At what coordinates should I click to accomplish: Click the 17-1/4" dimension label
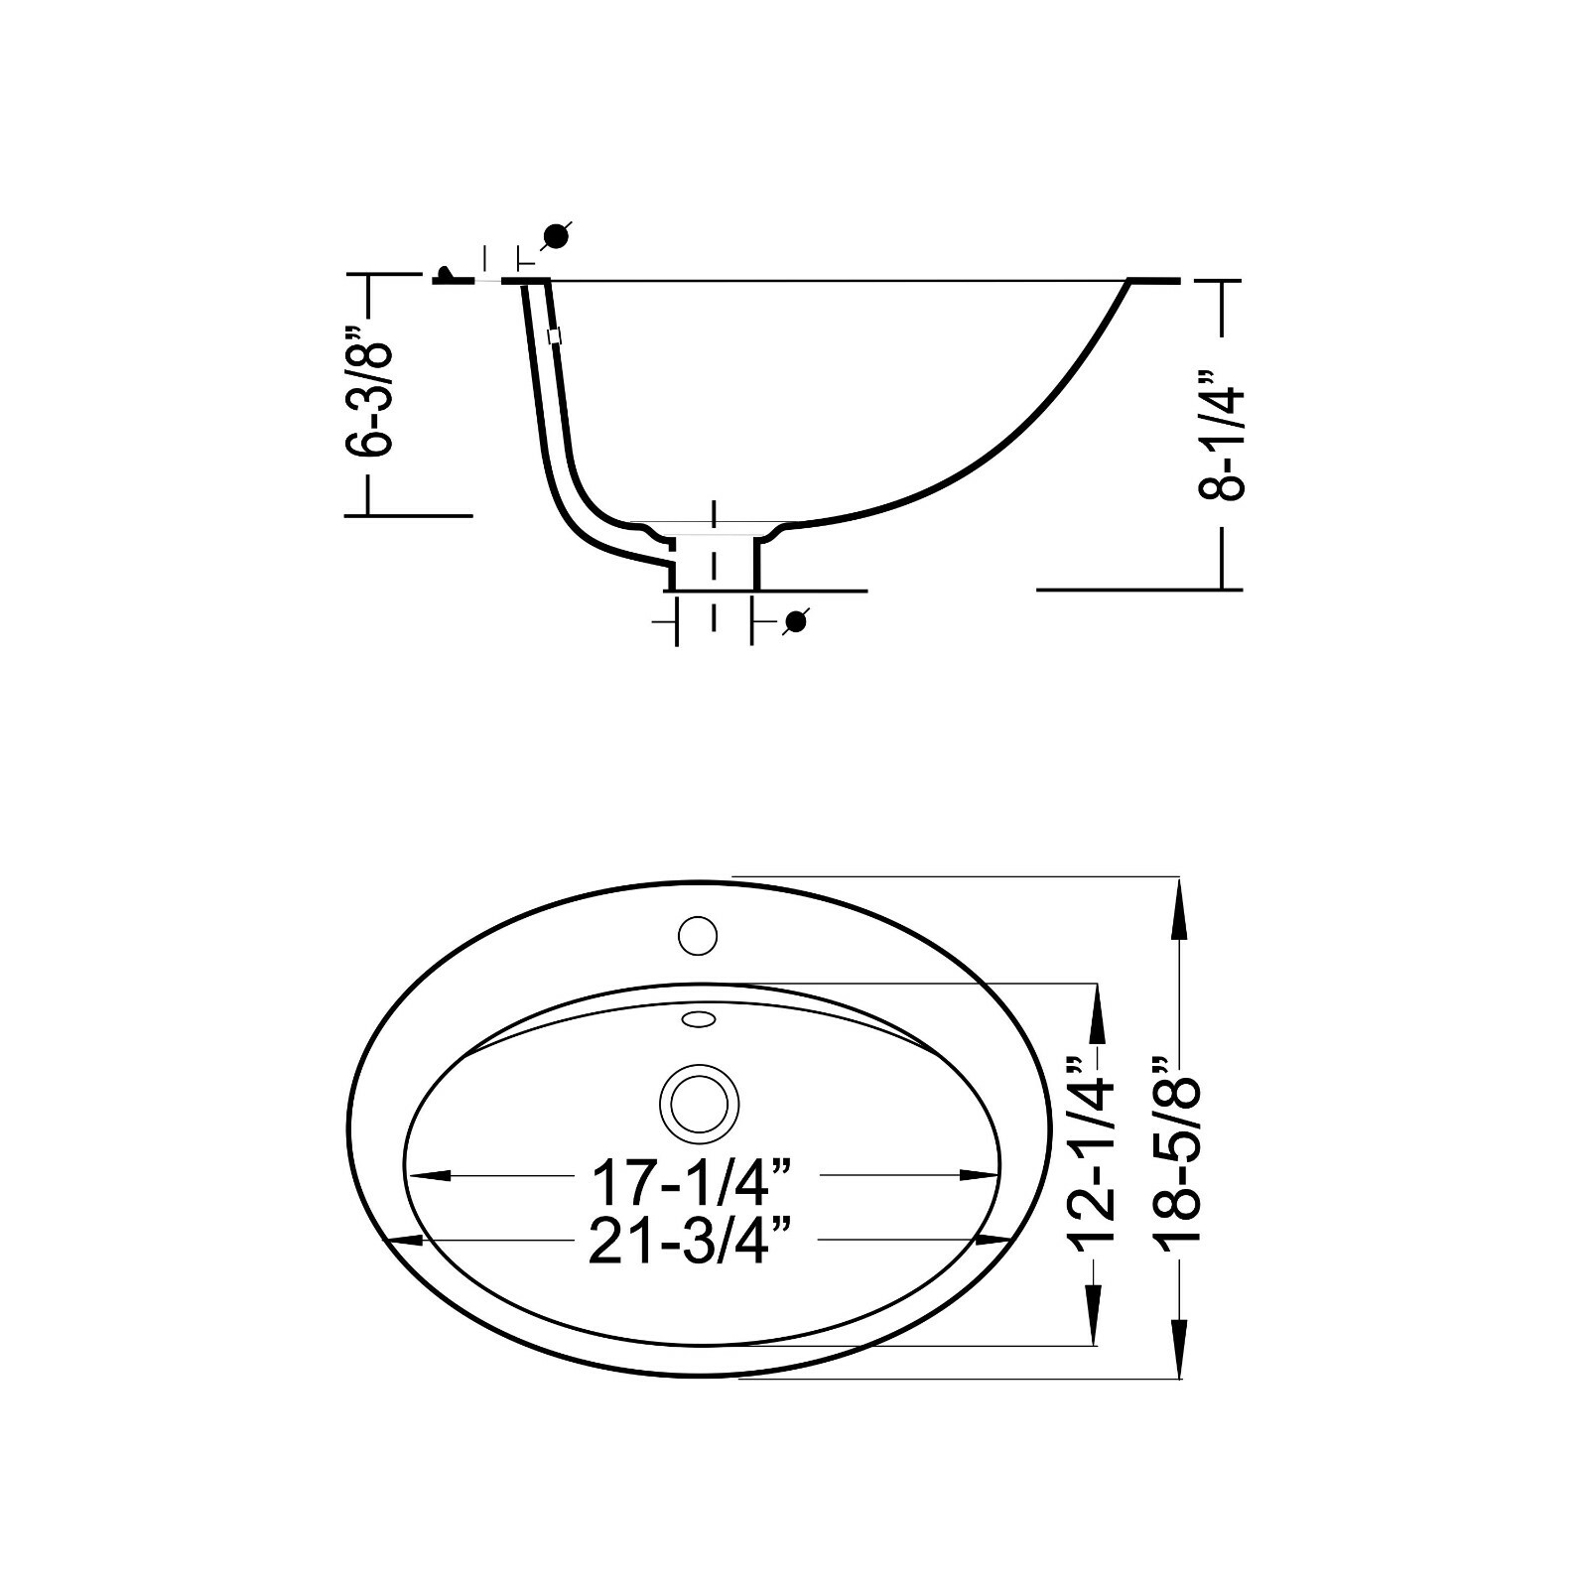(x=692, y=1182)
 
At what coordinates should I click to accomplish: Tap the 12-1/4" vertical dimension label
(x=1091, y=1151)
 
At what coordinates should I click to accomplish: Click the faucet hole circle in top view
(x=697, y=936)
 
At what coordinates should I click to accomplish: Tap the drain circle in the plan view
(x=699, y=1104)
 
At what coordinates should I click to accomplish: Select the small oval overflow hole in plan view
(x=698, y=1018)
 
